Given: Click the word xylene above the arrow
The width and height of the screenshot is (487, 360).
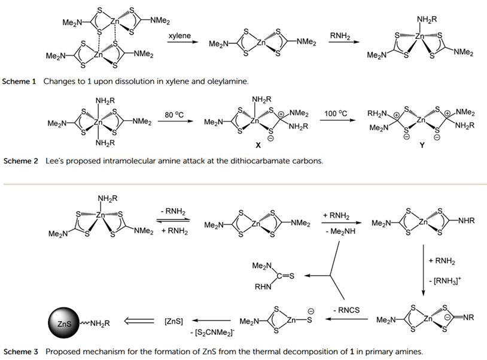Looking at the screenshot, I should click(179, 36).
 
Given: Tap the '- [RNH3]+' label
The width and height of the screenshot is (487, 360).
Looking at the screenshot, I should click(444, 280).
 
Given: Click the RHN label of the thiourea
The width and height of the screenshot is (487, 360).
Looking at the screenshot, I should click(263, 286).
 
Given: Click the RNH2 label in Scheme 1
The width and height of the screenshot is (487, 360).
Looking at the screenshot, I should click(340, 36).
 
